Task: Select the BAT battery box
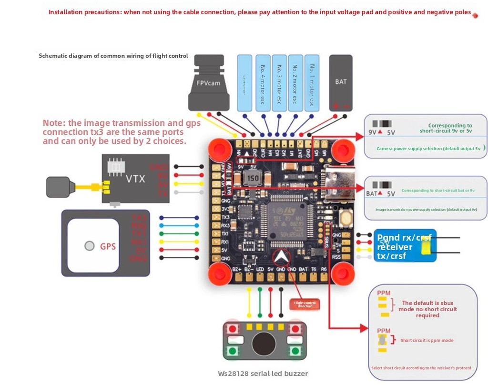pos(341,82)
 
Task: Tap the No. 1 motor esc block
pos(312,83)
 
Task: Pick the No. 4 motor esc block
pos(262,83)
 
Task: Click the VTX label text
pos(135,179)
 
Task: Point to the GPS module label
pos(108,246)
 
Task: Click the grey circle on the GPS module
pos(89,246)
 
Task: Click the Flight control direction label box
pos(305,304)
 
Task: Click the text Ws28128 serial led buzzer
pos(263,373)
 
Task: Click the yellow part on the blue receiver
pos(427,246)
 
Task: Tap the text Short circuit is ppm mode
pos(427,340)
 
